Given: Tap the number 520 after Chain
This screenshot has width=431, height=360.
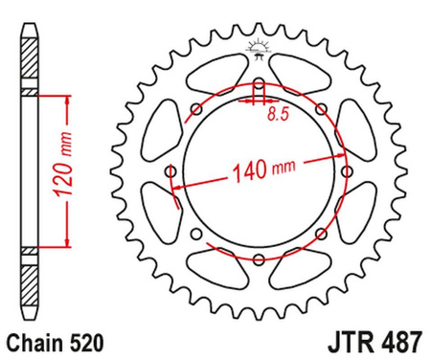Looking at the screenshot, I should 81,340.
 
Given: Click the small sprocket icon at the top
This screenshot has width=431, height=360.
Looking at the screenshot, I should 258,46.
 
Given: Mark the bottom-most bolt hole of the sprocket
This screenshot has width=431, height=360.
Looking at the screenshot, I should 258,259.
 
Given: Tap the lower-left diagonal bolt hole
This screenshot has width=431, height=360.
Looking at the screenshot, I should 196,234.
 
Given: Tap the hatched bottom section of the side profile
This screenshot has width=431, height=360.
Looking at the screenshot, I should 30,278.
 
